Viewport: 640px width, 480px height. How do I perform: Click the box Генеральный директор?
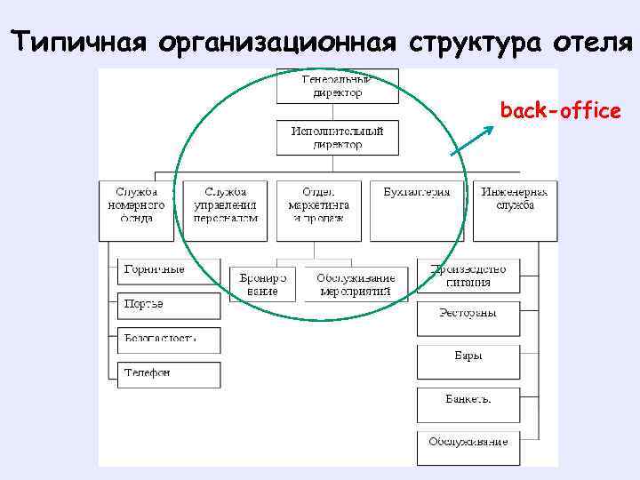337,85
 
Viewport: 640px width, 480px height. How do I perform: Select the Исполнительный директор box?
337,138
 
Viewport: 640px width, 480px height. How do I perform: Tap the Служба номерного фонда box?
140,211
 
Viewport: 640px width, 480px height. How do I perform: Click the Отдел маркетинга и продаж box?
318,211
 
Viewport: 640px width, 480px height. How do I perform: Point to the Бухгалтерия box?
416,211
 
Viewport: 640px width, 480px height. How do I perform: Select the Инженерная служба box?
515,211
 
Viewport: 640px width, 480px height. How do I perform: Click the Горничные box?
169,270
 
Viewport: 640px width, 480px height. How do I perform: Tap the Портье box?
169,305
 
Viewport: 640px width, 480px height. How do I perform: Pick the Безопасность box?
169,339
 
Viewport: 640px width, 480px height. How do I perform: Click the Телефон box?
169,373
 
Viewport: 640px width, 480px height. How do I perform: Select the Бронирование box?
265,284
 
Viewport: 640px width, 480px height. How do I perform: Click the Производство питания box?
468,276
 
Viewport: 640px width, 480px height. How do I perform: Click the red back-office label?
560,111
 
